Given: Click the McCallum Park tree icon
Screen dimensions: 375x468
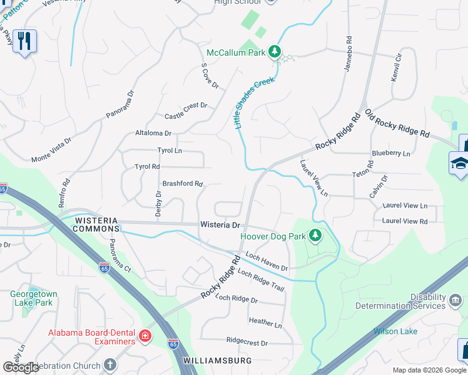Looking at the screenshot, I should [x=275, y=52].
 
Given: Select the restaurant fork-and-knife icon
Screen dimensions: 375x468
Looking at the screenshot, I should [x=24, y=41].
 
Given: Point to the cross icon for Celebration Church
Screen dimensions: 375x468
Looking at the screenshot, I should [x=109, y=365].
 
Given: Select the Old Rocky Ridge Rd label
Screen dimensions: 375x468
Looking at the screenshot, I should [x=398, y=124].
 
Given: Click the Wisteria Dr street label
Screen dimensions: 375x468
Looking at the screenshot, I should [x=220, y=224].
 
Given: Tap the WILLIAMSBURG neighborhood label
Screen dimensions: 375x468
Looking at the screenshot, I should [x=218, y=361].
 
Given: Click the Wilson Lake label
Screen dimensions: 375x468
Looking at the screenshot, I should [x=395, y=331].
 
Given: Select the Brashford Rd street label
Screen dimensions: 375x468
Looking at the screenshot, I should [x=183, y=184].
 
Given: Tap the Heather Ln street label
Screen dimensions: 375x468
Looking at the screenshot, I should [x=265, y=322].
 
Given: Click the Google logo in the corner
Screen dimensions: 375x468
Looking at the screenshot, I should [x=21, y=367].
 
